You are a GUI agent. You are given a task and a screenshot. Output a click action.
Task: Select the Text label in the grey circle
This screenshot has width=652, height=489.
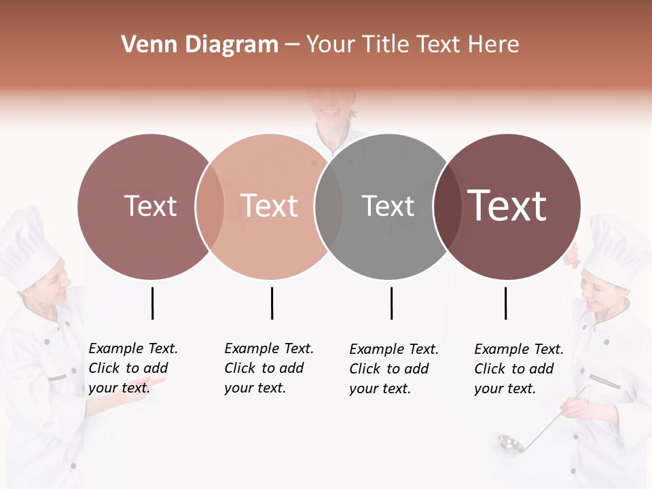(388, 206)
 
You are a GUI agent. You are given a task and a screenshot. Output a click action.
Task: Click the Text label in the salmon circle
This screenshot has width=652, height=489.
(270, 206)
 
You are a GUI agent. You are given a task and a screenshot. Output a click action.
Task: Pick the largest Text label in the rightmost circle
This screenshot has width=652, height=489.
(507, 205)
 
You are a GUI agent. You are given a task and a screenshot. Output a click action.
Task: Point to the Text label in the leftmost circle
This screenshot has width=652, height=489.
(151, 206)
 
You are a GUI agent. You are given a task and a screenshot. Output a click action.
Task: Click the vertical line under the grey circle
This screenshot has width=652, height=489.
(391, 303)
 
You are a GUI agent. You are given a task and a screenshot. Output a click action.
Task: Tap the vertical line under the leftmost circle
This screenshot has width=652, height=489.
(152, 303)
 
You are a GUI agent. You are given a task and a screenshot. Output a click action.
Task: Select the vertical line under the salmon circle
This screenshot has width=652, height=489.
(272, 303)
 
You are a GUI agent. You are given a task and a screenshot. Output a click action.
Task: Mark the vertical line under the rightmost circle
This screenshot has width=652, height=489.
(505, 303)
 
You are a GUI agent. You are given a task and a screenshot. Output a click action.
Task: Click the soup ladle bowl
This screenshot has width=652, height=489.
(509, 444)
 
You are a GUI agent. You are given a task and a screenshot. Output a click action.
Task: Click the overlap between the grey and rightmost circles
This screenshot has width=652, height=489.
(447, 206)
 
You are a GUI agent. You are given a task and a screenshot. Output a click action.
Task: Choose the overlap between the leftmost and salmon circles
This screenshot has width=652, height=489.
(210, 206)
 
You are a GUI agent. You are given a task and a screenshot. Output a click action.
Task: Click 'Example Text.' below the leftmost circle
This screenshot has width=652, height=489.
(133, 348)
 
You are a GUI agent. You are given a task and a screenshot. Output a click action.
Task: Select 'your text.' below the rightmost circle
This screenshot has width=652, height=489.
(505, 388)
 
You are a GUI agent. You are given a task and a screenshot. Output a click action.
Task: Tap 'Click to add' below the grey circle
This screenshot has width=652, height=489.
(389, 369)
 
